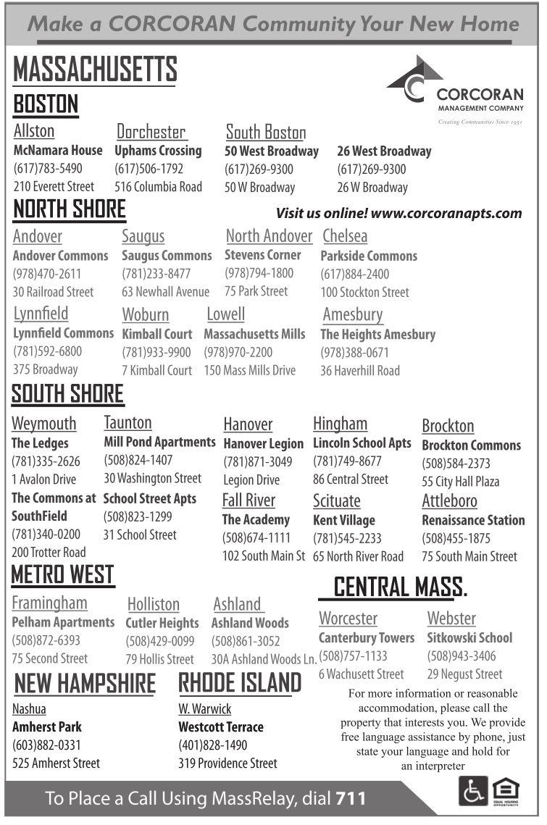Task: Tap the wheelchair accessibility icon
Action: tap(472, 791)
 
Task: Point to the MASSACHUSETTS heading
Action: tap(95, 70)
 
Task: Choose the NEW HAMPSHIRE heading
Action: tap(85, 683)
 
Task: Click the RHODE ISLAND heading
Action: tap(240, 683)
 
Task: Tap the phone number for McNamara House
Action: tap(48, 169)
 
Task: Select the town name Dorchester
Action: tap(151, 131)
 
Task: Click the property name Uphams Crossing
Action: tap(158, 151)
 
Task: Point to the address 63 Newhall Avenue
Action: tap(165, 292)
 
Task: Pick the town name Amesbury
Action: tap(353, 314)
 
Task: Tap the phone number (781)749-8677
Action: tap(347, 461)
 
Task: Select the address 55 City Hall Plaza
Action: tap(460, 481)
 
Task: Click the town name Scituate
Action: tap(337, 501)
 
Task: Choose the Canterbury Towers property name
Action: tap(367, 638)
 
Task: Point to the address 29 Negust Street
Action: tap(464, 674)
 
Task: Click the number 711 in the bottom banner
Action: tap(351, 799)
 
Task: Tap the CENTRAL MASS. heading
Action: tap(400, 587)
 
